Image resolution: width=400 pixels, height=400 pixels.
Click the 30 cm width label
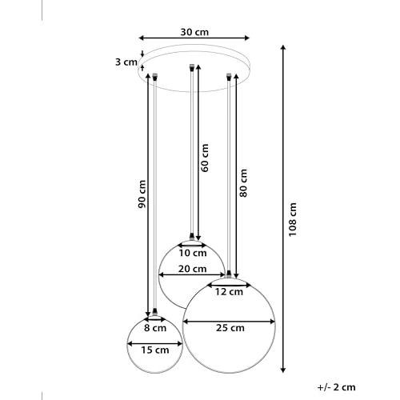[x=194, y=32]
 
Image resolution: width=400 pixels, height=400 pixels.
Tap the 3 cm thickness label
[x=126, y=62]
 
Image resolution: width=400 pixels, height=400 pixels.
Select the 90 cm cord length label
[x=142, y=194]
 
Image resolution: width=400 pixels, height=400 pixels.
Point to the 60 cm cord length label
[x=205, y=158]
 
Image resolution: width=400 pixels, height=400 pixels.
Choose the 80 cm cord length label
[x=243, y=183]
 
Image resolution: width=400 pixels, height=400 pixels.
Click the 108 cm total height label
[x=293, y=219]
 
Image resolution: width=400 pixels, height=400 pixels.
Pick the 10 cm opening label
[x=193, y=253]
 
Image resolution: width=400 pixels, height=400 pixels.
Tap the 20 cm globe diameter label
[x=192, y=269]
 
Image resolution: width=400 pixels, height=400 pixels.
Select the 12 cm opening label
[x=229, y=292]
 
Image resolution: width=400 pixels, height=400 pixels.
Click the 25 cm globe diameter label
[x=230, y=328]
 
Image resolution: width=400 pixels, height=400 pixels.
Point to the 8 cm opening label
[x=155, y=328]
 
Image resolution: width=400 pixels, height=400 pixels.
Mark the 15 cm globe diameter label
[x=155, y=350]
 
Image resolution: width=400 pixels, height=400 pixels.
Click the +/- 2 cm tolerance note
[x=336, y=387]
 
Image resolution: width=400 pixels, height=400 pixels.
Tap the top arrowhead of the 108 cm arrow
[x=283, y=48]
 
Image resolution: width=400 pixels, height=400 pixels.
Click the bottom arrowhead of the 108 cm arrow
[x=283, y=370]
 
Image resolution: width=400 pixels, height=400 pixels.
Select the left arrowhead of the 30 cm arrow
[x=142, y=38]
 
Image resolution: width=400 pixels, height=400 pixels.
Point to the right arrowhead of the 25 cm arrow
[x=272, y=322]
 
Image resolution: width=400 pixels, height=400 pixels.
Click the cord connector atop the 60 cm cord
[x=191, y=67]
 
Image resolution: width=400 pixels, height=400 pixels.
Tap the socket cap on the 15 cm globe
[x=155, y=311]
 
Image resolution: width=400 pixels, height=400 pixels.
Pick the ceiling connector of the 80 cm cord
[x=228, y=77]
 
